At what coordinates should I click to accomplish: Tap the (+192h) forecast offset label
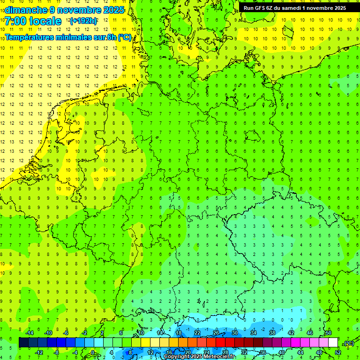coord(83,21)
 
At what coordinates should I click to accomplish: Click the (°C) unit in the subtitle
coord(124,37)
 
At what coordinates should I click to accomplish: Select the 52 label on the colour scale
coord(338,352)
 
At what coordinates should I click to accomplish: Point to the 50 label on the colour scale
coord(329,333)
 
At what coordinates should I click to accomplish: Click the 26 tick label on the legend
coord(216,333)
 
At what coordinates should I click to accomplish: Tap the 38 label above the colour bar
coord(272,333)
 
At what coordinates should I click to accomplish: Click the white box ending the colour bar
coord(333,342)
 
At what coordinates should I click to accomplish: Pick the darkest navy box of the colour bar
coord(23,342)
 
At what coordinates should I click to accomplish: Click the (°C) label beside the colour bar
coord(348,343)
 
